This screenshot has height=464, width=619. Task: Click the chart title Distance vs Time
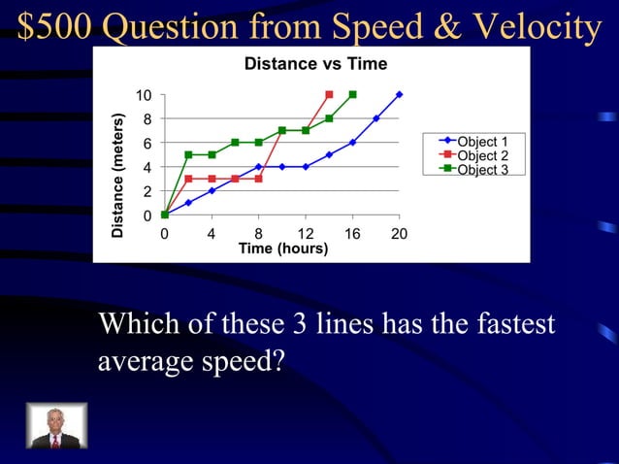[315, 64]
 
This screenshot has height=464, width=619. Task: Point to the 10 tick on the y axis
[144, 95]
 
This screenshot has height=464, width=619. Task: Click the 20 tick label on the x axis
[399, 234]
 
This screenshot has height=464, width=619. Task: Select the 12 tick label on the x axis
[305, 234]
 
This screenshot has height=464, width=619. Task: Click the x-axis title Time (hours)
[283, 249]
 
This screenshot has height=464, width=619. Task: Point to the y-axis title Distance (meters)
[117, 176]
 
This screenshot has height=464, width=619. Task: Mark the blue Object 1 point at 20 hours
[399, 94]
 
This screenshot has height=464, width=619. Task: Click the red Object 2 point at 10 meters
[329, 94]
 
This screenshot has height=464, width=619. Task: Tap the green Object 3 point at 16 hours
[352, 94]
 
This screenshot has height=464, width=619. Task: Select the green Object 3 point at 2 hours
[188, 154]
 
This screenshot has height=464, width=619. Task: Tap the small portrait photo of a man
[55, 425]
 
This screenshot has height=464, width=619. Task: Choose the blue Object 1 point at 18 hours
[375, 118]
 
